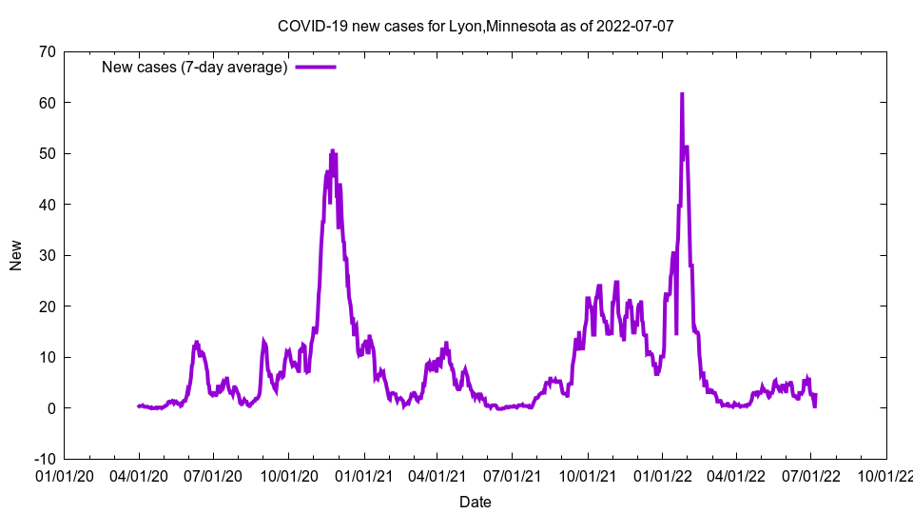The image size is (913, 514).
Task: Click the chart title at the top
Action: click(476, 26)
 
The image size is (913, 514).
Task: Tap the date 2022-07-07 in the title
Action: click(635, 26)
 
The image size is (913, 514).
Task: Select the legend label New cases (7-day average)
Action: click(194, 67)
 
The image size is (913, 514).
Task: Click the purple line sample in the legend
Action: click(316, 67)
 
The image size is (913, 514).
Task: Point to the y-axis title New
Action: click(16, 255)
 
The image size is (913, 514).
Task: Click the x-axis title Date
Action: click(476, 502)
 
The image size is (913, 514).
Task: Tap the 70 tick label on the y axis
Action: click(46, 51)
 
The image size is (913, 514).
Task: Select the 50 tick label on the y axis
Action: click(46, 153)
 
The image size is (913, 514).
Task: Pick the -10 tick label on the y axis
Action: click(43, 459)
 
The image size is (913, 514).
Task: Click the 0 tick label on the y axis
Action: click(50, 407)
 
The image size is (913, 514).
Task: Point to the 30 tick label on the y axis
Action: click(46, 255)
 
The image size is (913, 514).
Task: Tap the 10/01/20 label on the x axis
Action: click(288, 475)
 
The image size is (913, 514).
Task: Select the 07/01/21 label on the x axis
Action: click(513, 475)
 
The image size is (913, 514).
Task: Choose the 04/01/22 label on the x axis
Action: click(736, 475)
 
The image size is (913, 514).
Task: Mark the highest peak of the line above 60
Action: click(682, 94)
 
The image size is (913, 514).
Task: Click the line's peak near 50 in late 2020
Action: click(332, 150)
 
